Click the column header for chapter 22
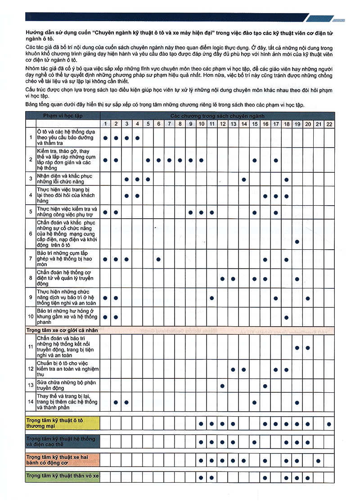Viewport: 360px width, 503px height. pyautogui.click(x=329, y=124)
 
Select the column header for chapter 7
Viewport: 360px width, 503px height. pyautogui.click(x=169, y=124)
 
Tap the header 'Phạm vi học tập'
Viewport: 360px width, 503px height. pyautogui.click(x=63, y=116)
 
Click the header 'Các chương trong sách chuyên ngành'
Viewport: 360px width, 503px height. pyautogui.click(x=217, y=116)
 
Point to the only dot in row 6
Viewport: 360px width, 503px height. pyautogui.click(x=297, y=242)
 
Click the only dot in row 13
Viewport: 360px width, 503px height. pyautogui.click(x=222, y=386)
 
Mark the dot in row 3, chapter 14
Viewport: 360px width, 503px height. pyautogui.click(x=243, y=180)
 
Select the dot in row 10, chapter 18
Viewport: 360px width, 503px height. pyautogui.click(x=286, y=317)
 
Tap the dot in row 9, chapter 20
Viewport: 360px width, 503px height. pyautogui.click(x=308, y=298)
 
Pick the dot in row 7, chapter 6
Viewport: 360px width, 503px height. pyautogui.click(x=158, y=259)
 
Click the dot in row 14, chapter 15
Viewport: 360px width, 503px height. pyautogui.click(x=254, y=402)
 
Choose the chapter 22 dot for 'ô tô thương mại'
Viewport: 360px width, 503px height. pyautogui.click(x=329, y=423)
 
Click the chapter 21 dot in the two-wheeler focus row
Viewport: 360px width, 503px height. pyautogui.click(x=319, y=460)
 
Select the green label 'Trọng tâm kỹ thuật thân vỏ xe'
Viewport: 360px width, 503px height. pyautogui.click(x=62, y=476)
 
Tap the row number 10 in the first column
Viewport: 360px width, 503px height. pyautogui.click(x=31, y=317)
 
